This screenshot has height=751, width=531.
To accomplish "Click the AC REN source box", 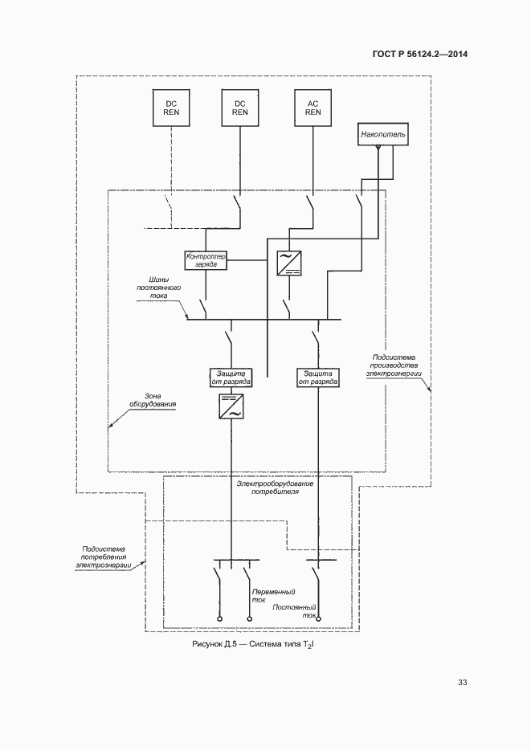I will click(x=313, y=108).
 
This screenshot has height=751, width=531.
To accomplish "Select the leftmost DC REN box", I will click(x=172, y=108).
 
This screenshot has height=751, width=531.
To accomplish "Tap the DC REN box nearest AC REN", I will click(x=240, y=108).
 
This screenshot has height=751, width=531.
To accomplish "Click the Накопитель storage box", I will click(x=384, y=135).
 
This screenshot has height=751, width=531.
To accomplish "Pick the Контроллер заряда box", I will click(x=206, y=259).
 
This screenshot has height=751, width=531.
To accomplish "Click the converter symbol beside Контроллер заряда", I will click(x=288, y=263).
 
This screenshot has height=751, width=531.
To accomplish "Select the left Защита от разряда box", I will click(x=231, y=378).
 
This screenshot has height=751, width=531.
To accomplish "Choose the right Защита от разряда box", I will click(x=317, y=378).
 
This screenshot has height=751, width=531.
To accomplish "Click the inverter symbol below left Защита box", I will click(x=231, y=408).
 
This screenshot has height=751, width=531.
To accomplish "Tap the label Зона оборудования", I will click(x=147, y=399).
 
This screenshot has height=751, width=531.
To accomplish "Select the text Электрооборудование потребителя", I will click(x=268, y=488).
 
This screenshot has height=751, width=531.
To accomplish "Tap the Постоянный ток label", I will click(x=295, y=611).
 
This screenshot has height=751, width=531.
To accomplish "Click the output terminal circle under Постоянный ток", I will click(x=317, y=619).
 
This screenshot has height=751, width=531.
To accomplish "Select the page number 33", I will click(x=462, y=683).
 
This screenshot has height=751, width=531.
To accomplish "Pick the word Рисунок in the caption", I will click(x=209, y=645).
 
